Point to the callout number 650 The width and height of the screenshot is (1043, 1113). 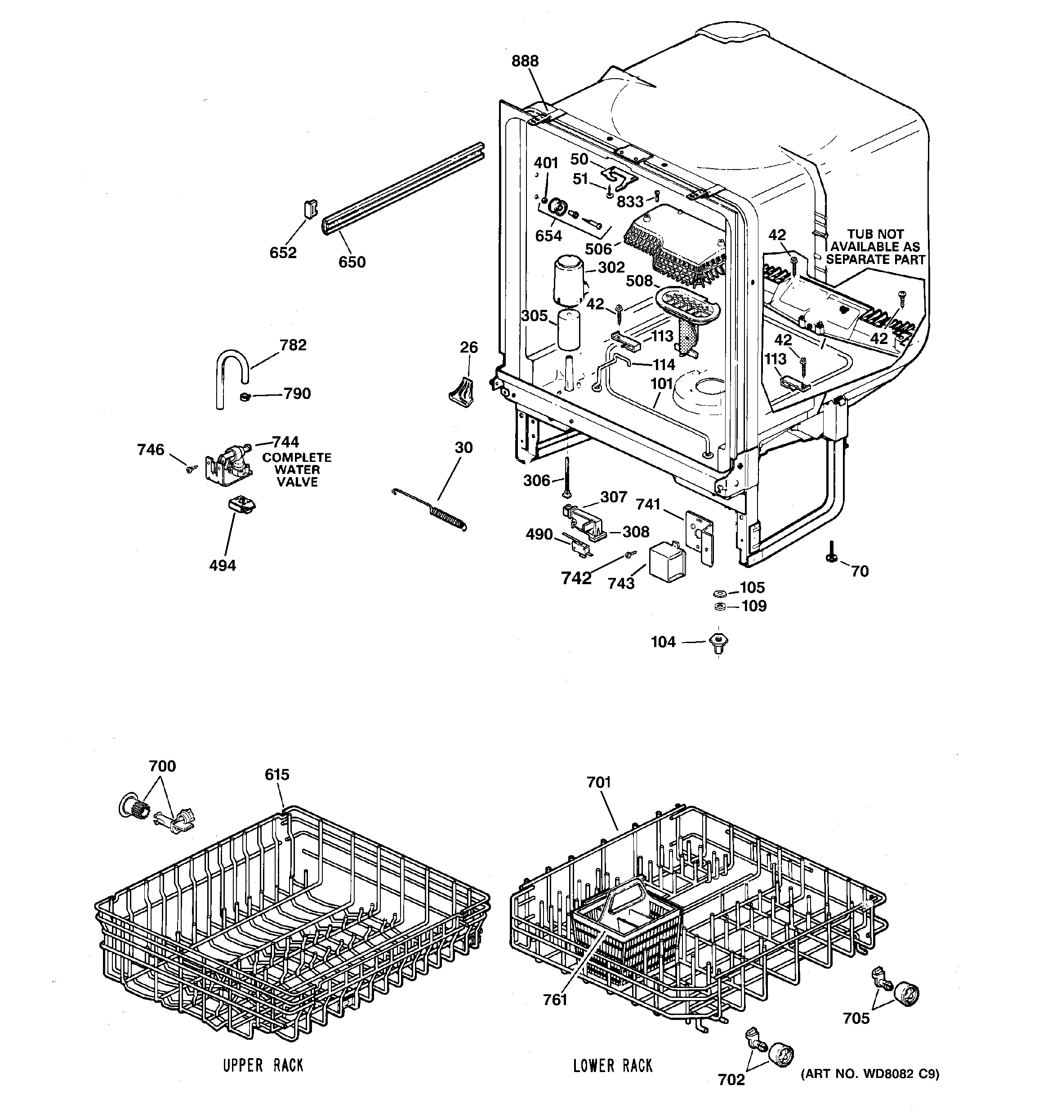(x=352, y=262)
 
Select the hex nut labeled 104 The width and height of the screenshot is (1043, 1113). (x=719, y=642)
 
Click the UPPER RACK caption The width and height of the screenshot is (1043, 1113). (x=263, y=1065)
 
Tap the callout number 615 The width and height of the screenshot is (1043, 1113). (x=277, y=774)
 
